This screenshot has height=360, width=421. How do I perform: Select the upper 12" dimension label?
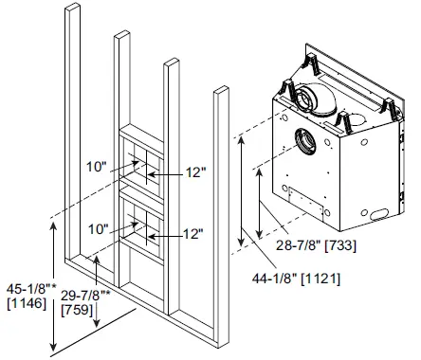tap(196, 173)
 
